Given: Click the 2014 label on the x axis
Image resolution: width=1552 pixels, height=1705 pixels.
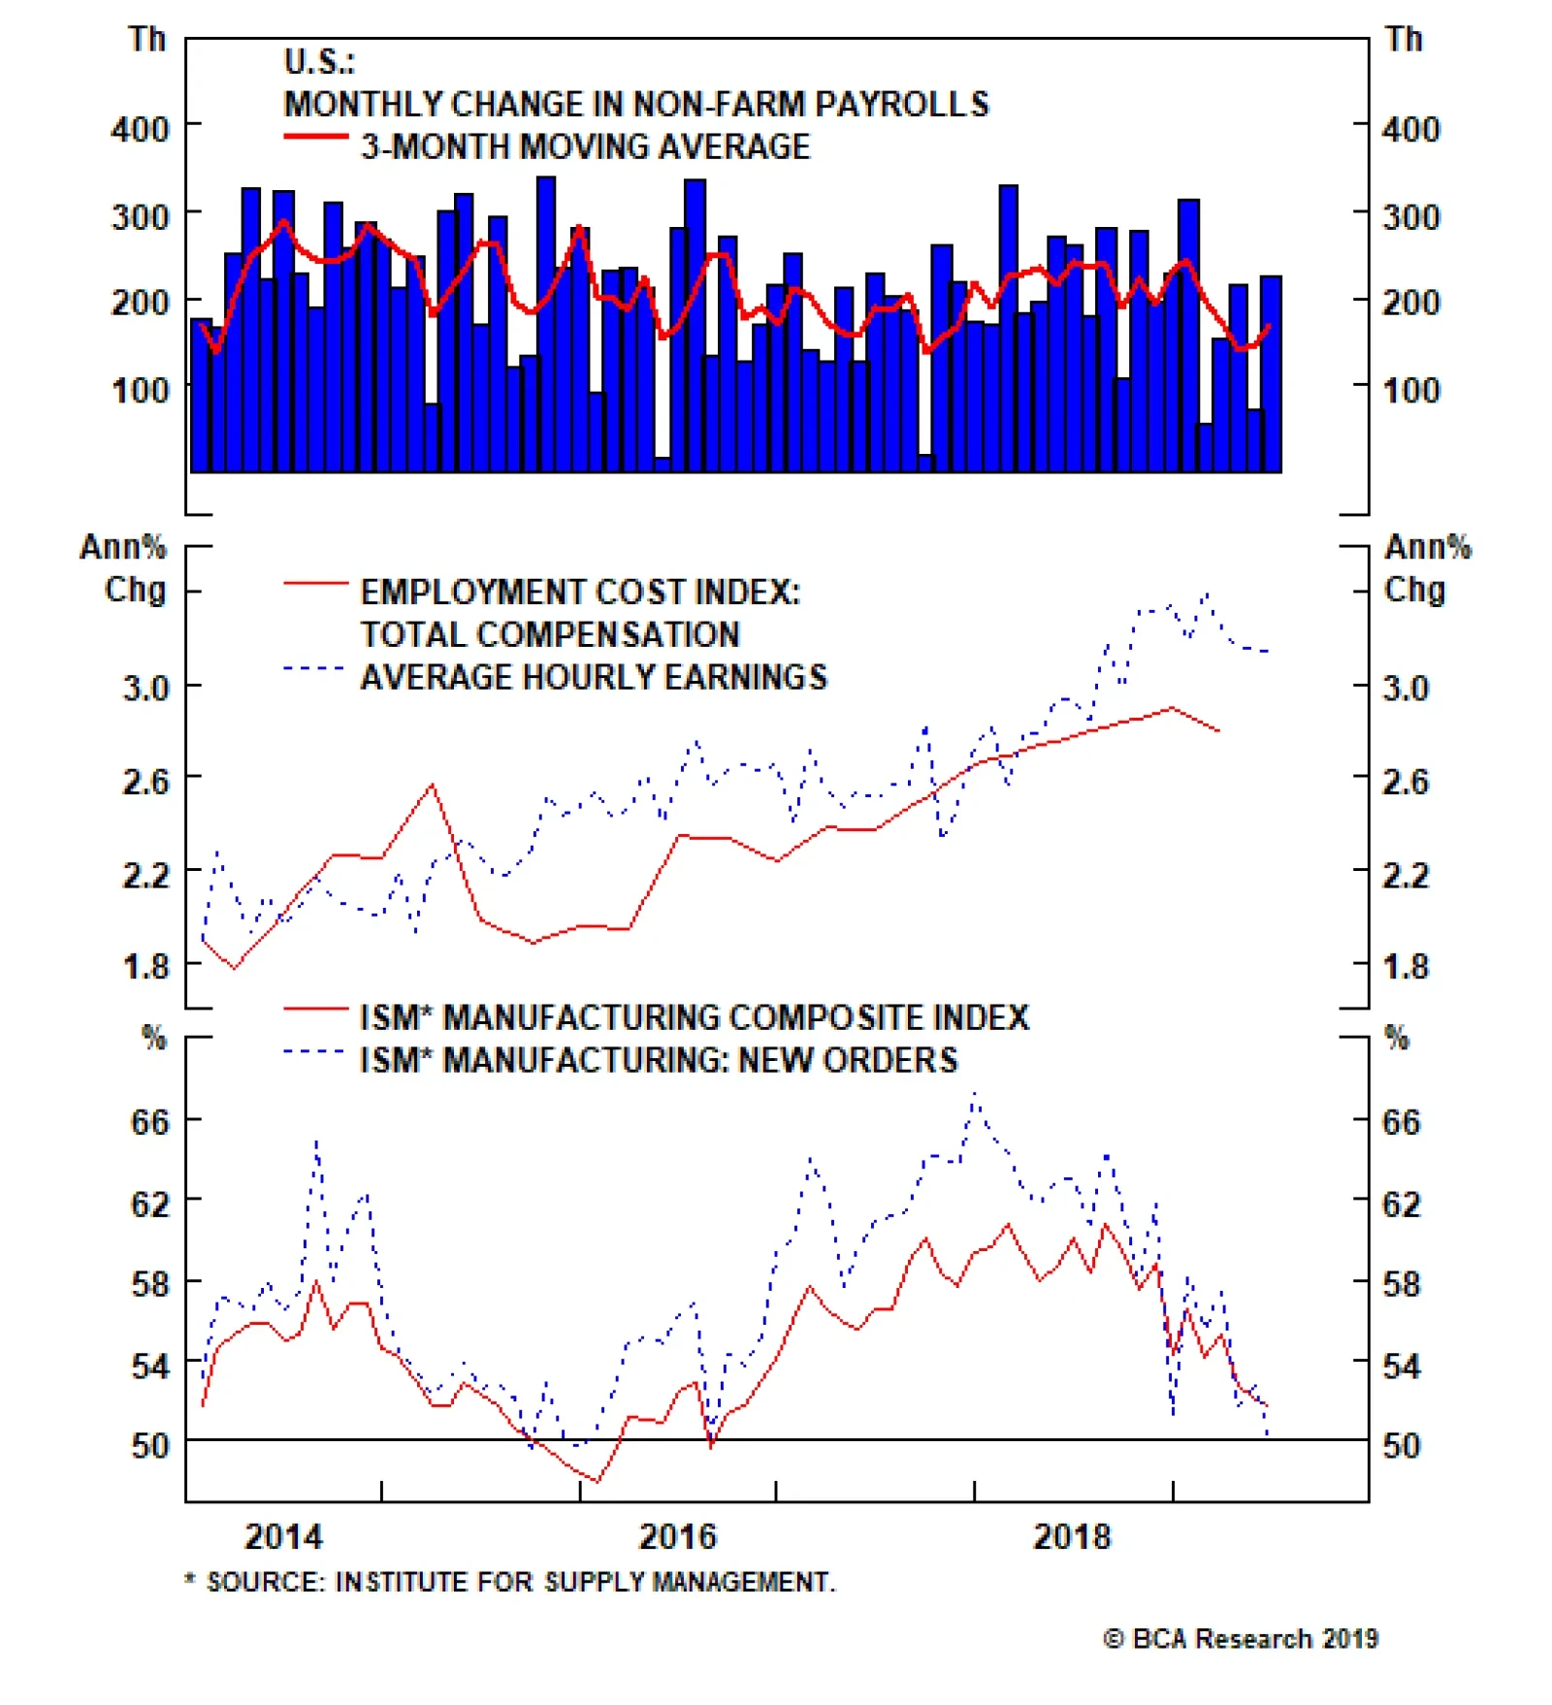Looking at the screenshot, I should (283, 1537).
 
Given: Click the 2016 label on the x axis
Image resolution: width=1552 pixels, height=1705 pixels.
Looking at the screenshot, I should (677, 1537).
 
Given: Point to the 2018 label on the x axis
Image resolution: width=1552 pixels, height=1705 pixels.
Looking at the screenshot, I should (1071, 1537).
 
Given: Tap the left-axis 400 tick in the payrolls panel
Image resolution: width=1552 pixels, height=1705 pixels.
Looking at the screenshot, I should (140, 129).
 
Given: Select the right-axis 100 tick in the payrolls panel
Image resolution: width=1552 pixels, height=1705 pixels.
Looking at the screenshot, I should (1411, 391).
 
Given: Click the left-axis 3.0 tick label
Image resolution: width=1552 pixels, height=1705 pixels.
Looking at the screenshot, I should (145, 689).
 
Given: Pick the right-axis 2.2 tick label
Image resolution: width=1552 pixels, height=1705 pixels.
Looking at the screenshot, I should (1406, 876).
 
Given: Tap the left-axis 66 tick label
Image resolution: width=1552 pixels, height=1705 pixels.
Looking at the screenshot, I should (149, 1122).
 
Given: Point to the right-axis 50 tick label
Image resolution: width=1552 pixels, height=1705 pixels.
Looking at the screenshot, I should (1402, 1446).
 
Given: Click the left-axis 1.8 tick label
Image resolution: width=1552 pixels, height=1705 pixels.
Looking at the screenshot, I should (145, 967).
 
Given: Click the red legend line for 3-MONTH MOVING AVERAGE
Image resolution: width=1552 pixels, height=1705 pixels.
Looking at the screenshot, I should (315, 137).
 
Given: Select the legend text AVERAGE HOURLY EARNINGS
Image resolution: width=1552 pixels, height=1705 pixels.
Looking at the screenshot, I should (594, 677).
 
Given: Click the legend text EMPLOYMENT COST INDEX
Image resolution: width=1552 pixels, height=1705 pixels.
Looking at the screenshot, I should (580, 592).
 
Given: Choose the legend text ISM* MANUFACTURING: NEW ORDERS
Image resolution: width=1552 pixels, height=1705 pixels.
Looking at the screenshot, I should (659, 1060).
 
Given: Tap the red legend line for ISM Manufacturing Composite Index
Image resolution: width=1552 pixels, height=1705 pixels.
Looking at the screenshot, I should (315, 1010).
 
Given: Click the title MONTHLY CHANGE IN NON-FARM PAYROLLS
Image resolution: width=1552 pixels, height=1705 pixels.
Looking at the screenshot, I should (635, 104).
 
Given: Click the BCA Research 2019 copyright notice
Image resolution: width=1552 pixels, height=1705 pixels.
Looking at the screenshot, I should (1241, 1639).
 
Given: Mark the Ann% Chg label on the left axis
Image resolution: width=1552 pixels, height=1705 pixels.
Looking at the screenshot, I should (124, 568).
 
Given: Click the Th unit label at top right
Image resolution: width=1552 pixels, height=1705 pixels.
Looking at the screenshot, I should (1404, 40).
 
